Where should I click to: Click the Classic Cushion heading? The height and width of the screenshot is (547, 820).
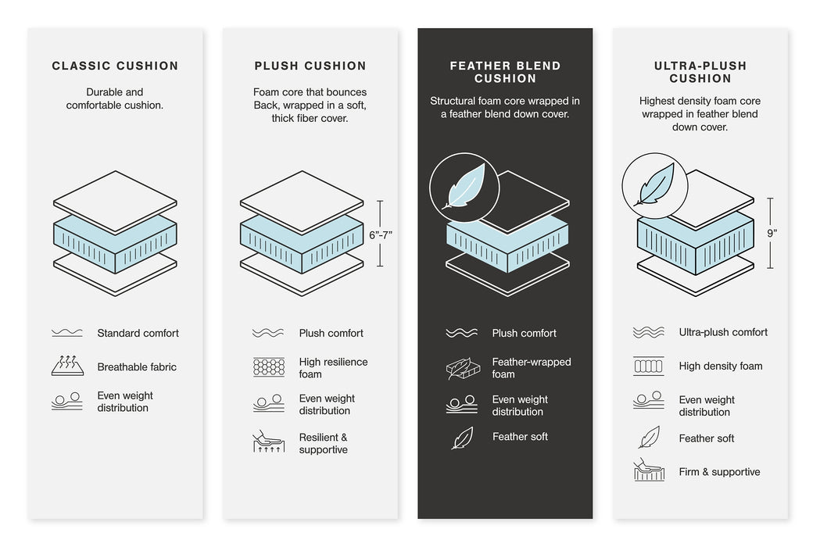point(115,66)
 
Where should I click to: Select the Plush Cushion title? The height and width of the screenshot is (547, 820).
point(310,66)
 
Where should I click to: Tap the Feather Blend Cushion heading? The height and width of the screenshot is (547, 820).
point(505,72)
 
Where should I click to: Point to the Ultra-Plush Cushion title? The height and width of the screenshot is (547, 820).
point(700,72)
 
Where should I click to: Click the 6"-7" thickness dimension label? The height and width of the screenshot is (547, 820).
point(381,234)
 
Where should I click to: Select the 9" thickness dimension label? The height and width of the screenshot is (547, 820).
point(772,233)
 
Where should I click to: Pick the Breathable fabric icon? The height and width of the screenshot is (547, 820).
point(67,366)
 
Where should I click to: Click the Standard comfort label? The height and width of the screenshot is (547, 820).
point(138,334)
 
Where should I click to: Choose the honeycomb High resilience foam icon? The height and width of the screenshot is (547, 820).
point(269,367)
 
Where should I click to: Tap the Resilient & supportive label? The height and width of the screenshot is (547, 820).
point(323,444)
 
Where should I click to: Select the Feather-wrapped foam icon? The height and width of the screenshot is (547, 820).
point(461,368)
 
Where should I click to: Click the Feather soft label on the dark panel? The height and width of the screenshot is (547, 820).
point(520,437)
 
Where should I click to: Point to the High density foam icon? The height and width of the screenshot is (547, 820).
point(649,366)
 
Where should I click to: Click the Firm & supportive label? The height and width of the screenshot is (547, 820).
point(719,472)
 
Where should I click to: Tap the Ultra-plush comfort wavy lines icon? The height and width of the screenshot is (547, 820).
point(649,332)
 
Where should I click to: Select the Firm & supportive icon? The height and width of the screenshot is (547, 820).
point(649,470)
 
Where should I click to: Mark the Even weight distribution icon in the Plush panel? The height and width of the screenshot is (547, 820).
point(269,404)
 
